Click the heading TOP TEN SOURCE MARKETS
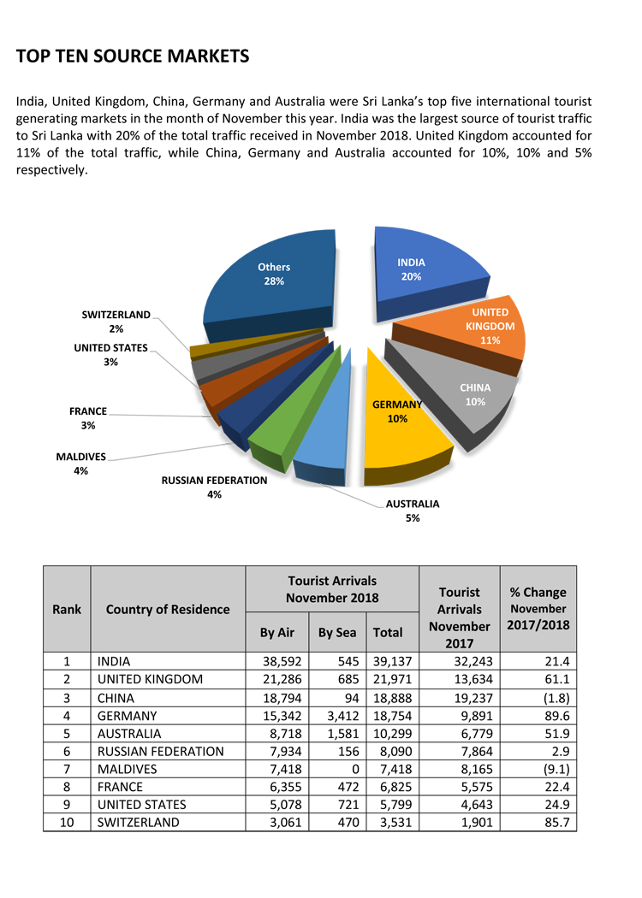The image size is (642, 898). click(133, 56)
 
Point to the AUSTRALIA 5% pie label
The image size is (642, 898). click(413, 511)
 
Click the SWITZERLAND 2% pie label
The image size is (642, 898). click(116, 322)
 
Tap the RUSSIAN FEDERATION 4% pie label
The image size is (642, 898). click(214, 487)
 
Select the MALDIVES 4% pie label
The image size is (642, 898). click(81, 463)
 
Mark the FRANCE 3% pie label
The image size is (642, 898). click(88, 417)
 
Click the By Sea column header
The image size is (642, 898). click(337, 633)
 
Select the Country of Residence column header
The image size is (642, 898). click(168, 609)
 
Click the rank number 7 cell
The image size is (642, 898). click(67, 769)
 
